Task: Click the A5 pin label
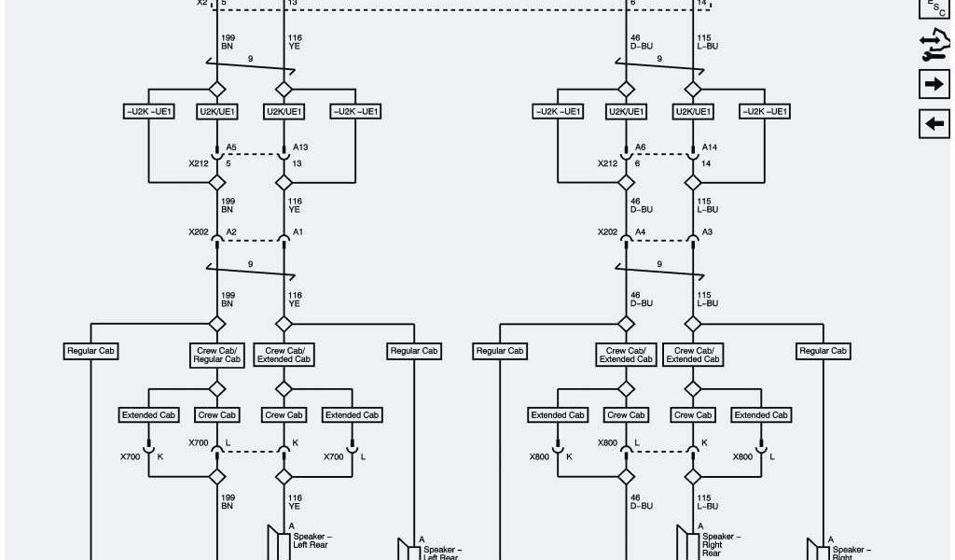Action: pyautogui.click(x=231, y=147)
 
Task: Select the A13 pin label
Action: pyautogui.click(x=300, y=147)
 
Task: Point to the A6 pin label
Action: pyautogui.click(x=640, y=147)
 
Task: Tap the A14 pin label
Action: pyautogui.click(x=710, y=147)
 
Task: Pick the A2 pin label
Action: pyautogui.click(x=231, y=231)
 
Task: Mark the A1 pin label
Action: pyautogui.click(x=298, y=231)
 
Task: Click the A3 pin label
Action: pyautogui.click(x=707, y=231)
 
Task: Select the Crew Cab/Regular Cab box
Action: pyautogui.click(x=216, y=355)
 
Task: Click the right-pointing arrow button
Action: pyautogui.click(x=934, y=84)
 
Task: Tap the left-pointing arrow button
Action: pyautogui.click(x=934, y=123)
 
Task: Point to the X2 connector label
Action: pyautogui.click(x=202, y=3)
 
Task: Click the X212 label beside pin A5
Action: pyautogui.click(x=199, y=163)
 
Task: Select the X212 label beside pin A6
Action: pyautogui.click(x=607, y=163)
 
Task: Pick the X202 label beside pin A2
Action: pyautogui.click(x=199, y=231)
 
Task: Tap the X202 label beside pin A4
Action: pyautogui.click(x=607, y=231)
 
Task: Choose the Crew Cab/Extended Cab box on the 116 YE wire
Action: pyautogui.click(x=284, y=355)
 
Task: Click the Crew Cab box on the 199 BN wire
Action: pyautogui.click(x=216, y=414)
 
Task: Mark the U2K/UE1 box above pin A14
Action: pyautogui.click(x=693, y=112)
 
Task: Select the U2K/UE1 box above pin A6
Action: pyautogui.click(x=626, y=112)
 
